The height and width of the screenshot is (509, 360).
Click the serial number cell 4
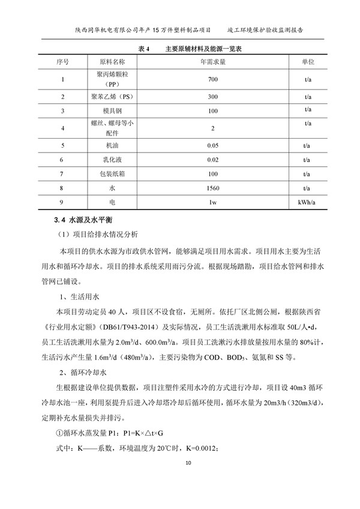pos(63,128)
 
